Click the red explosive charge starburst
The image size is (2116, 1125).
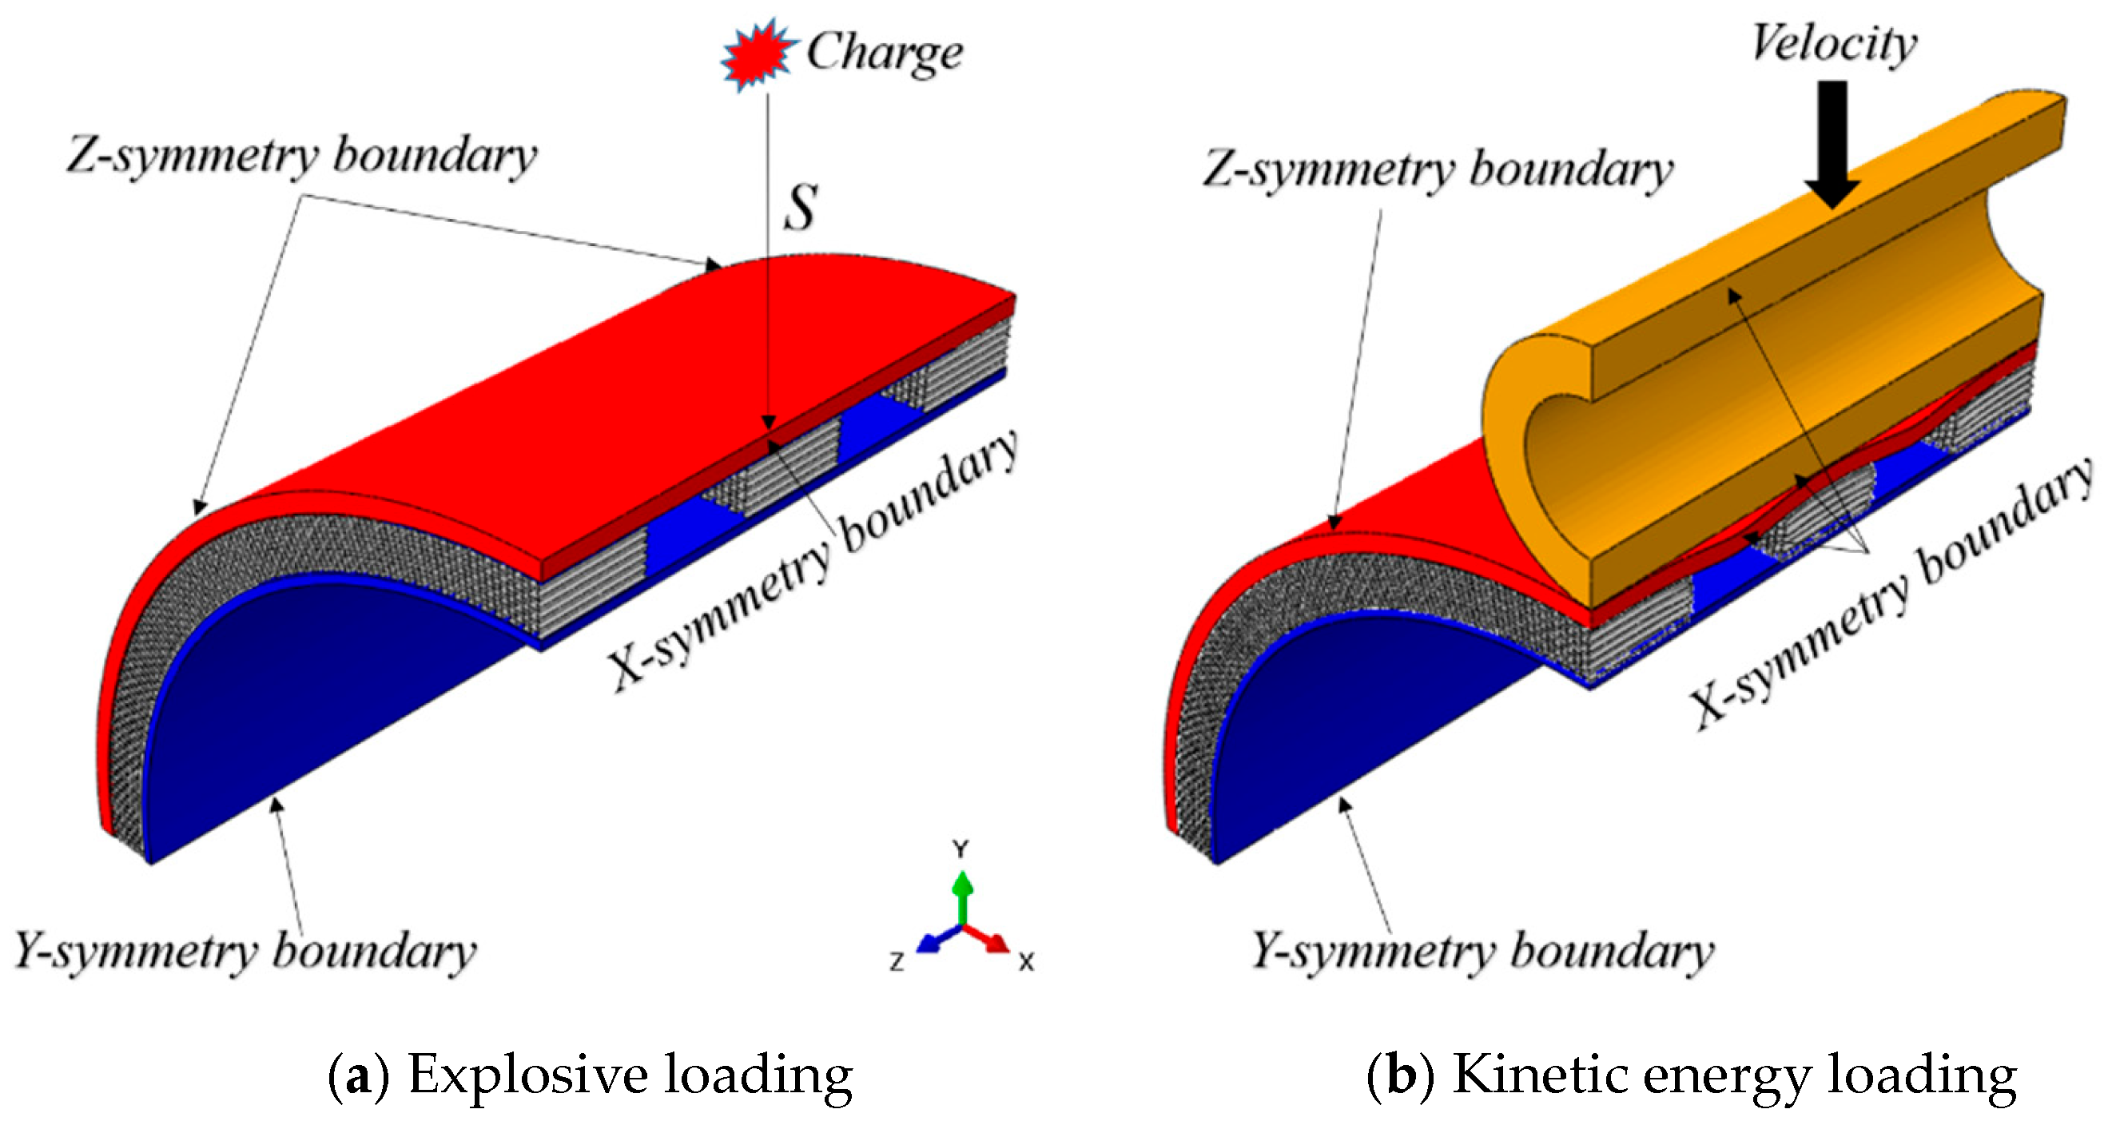pos(756,55)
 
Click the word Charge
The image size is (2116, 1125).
pos(885,53)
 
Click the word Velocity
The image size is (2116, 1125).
pos(1834,42)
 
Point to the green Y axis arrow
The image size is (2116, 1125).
pos(962,894)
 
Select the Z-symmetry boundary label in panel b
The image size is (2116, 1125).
pos(1438,170)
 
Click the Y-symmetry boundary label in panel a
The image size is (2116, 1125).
pos(245,952)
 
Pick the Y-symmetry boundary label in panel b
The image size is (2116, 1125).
pos(1482,952)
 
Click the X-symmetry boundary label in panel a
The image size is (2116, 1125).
pos(813,562)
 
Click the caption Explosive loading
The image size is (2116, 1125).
pos(630,1075)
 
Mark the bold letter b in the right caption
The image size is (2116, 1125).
pos(1402,1075)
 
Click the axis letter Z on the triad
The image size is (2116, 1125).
pos(897,960)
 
